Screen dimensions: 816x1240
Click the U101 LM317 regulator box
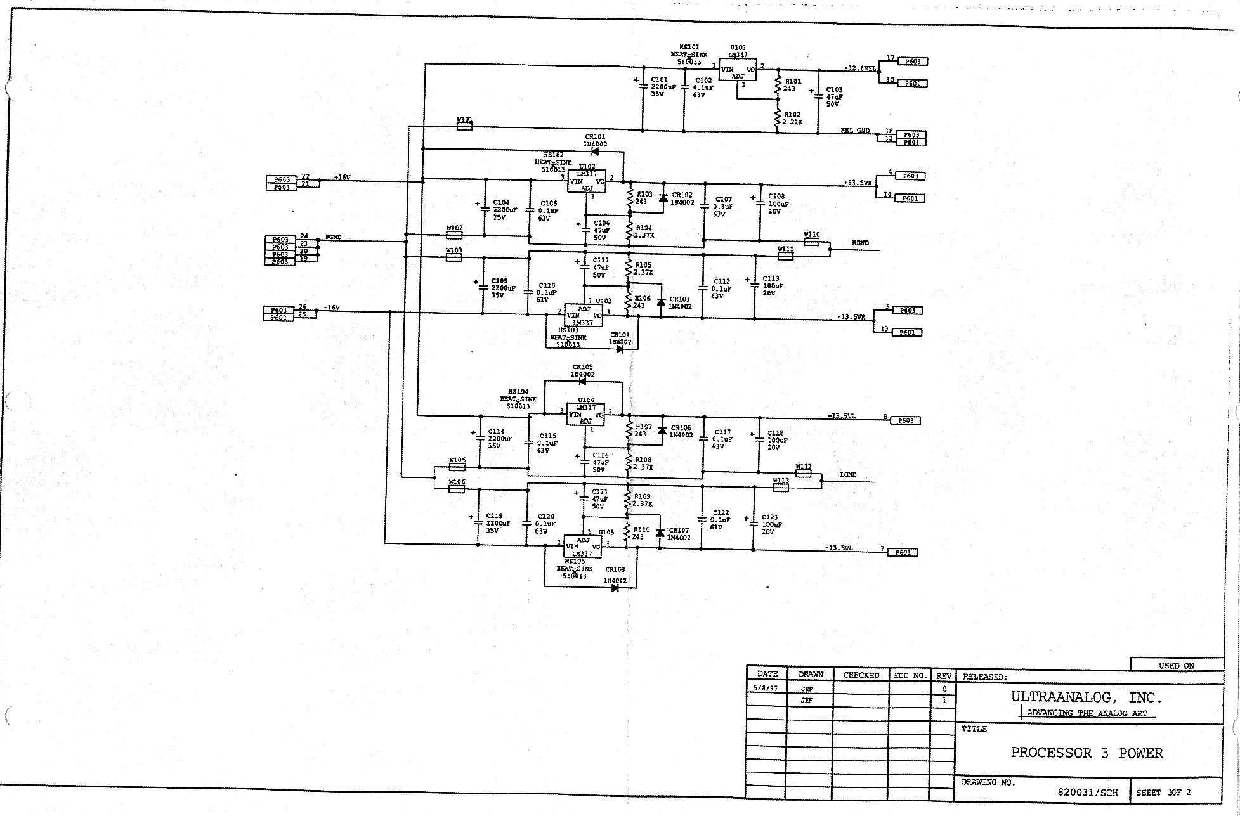[737, 70]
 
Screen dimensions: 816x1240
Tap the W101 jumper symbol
[464, 127]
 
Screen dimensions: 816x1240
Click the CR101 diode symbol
[594, 152]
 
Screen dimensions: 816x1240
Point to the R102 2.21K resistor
[777, 119]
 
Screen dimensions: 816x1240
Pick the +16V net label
[341, 178]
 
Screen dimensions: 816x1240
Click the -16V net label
[332, 308]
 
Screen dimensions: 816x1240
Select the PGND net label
[334, 237]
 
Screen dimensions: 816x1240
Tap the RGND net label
[860, 243]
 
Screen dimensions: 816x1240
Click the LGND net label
[848, 474]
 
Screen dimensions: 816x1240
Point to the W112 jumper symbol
[803, 473]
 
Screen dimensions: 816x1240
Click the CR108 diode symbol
[615, 588]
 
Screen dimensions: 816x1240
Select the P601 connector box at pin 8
[905, 420]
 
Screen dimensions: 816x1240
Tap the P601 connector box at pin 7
[903, 552]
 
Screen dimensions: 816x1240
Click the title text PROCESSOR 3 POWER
[1087, 753]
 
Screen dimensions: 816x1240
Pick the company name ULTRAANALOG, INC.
[1087, 697]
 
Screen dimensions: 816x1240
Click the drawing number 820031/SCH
[1087, 793]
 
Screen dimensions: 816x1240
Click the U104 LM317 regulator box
[585, 415]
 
